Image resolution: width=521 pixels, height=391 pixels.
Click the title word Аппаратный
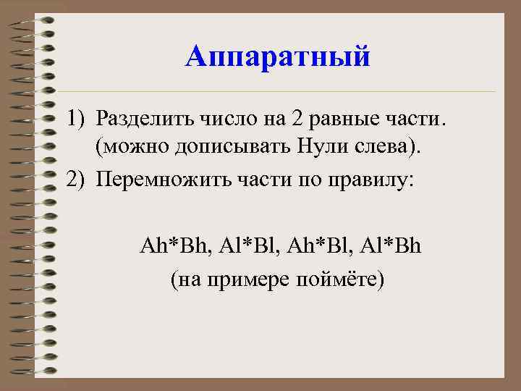click(x=278, y=56)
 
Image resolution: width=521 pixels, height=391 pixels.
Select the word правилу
click(x=376, y=179)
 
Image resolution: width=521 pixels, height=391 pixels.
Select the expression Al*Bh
click(x=392, y=247)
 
